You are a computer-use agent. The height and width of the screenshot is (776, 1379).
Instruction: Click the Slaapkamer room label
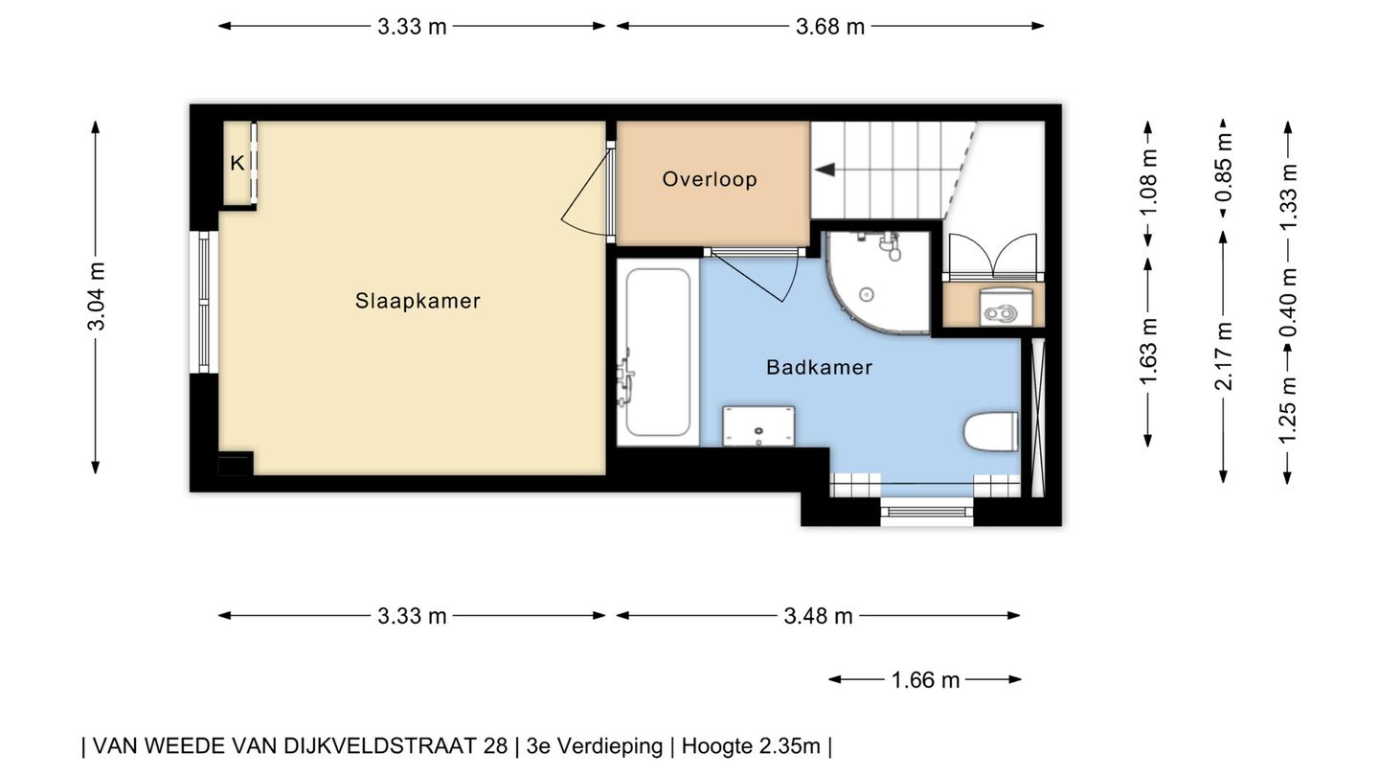click(x=418, y=301)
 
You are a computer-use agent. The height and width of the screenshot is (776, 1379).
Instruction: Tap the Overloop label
click(x=710, y=179)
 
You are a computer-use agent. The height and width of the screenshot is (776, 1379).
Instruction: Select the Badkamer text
click(x=820, y=367)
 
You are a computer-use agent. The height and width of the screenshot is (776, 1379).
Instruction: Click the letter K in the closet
click(x=237, y=163)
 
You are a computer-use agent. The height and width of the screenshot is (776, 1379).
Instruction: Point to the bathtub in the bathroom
click(x=658, y=352)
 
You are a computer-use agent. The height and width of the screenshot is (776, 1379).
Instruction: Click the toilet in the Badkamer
click(x=990, y=432)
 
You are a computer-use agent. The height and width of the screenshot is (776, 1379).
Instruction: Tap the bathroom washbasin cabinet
click(x=758, y=425)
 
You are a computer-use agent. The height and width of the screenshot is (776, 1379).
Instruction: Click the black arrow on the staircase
click(x=825, y=170)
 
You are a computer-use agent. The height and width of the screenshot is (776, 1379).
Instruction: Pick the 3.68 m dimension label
click(x=830, y=27)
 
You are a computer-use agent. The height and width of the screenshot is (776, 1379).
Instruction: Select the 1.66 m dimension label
click(x=925, y=680)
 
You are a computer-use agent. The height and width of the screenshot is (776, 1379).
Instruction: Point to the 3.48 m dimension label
click(x=818, y=616)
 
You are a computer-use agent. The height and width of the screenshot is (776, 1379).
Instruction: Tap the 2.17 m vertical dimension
click(x=1224, y=356)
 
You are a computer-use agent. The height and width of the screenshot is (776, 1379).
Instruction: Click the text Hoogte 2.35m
click(x=751, y=746)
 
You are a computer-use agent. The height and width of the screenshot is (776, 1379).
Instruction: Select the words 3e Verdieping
click(x=595, y=746)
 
